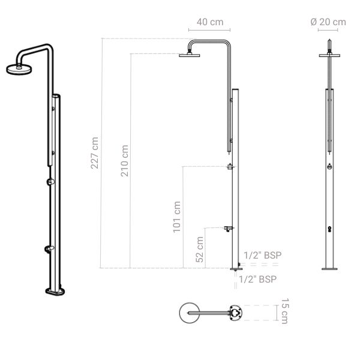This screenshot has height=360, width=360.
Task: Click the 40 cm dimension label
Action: [209, 22]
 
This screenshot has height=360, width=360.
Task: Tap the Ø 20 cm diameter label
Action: [328, 22]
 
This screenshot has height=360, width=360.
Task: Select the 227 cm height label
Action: [95, 153]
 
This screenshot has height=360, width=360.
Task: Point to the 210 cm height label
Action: [124, 160]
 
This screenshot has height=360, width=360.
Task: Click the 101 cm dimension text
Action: [177, 217]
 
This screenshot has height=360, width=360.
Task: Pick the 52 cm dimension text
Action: [200, 247]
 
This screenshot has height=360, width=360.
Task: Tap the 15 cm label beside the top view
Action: [284, 313]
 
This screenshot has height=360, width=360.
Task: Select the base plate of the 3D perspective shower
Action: [58, 292]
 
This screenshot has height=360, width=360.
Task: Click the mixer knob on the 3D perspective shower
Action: [50, 181]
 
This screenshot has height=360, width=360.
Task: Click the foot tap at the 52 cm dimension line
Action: [228, 228]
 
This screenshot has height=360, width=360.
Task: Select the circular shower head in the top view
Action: [189, 313]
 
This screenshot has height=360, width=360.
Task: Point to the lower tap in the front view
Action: [329, 229]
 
